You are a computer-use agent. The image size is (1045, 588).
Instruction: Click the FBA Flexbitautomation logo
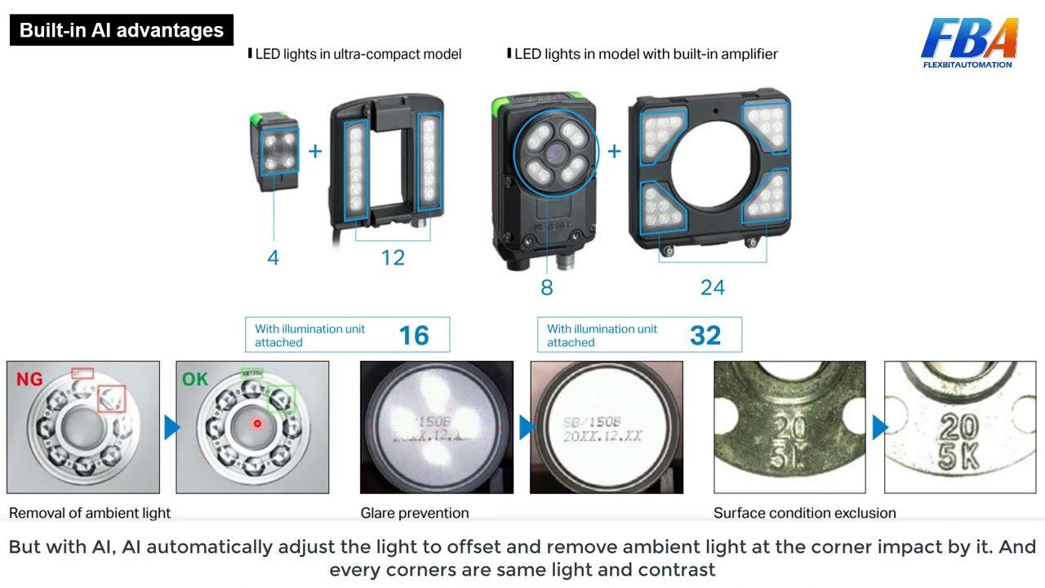click(x=968, y=42)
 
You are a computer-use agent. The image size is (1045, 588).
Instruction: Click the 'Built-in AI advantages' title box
click(x=121, y=30)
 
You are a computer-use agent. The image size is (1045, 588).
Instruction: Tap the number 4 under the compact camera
click(x=273, y=258)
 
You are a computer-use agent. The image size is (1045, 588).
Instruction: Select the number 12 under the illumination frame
click(x=393, y=258)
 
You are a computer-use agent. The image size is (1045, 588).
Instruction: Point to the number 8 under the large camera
click(x=546, y=287)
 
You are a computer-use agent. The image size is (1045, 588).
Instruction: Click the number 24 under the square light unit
click(x=712, y=287)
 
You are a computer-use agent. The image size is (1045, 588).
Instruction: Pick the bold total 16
click(x=414, y=336)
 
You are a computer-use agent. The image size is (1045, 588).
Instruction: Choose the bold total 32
click(x=705, y=336)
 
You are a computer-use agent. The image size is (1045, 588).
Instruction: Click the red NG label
click(x=29, y=379)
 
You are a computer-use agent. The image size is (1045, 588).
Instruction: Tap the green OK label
click(x=195, y=379)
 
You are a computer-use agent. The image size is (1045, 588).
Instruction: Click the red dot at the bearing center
click(x=257, y=423)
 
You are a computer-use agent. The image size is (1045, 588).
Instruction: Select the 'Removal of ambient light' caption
click(x=90, y=513)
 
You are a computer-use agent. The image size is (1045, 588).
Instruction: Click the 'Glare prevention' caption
click(x=415, y=513)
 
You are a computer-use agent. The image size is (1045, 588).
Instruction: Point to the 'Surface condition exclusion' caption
click(x=804, y=513)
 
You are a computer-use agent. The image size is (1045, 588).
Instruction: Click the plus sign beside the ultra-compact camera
click(x=315, y=151)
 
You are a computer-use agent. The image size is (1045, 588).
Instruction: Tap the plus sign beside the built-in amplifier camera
click(x=614, y=151)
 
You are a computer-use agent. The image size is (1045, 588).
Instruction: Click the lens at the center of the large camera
click(x=555, y=152)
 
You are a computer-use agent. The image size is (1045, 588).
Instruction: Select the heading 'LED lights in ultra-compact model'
click(x=358, y=54)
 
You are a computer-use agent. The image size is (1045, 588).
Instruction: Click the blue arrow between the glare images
click(x=526, y=427)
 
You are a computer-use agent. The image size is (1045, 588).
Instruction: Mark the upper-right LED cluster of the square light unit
click(x=766, y=125)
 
